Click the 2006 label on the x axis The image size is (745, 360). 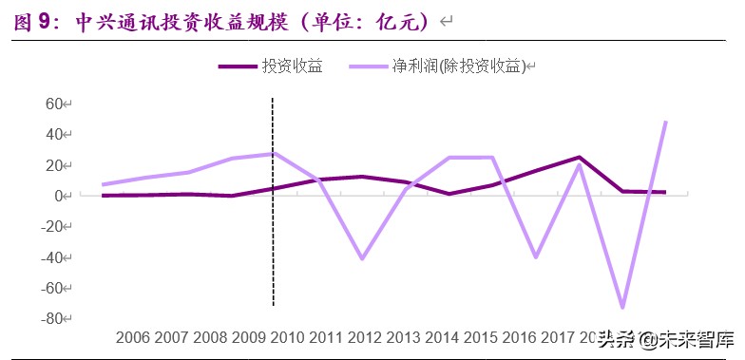133,337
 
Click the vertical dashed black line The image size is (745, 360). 274,237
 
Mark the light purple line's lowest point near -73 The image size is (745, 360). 623,307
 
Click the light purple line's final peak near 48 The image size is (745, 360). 664,123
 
